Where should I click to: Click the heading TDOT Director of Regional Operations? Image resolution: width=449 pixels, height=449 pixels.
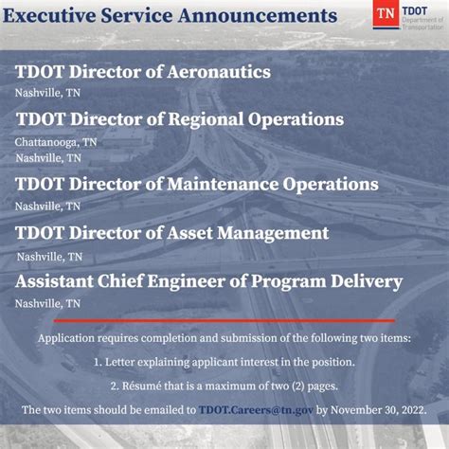(180, 119)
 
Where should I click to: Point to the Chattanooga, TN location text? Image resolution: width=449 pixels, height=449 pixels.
(56, 142)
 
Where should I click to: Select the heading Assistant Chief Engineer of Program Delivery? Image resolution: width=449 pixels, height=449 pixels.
(209, 282)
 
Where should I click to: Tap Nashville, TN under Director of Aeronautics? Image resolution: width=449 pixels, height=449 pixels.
(47, 93)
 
